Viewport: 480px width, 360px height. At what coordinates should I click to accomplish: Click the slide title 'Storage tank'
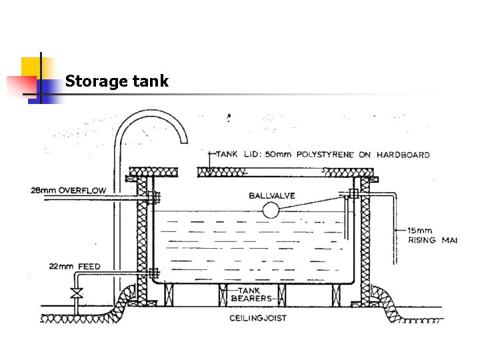pos(117,81)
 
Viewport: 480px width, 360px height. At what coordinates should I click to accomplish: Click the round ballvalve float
pos(270,211)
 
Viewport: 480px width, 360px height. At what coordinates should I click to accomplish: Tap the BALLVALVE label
pos(271,195)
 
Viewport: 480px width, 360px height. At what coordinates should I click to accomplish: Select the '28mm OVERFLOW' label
pos(68,191)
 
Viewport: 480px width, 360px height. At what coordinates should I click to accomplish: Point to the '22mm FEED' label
pos(75,267)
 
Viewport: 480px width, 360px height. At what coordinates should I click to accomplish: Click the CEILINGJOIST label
pos(258,318)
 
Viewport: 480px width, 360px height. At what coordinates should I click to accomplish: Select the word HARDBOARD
pos(403,155)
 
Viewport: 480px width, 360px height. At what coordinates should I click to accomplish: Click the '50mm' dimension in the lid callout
pos(268,155)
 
